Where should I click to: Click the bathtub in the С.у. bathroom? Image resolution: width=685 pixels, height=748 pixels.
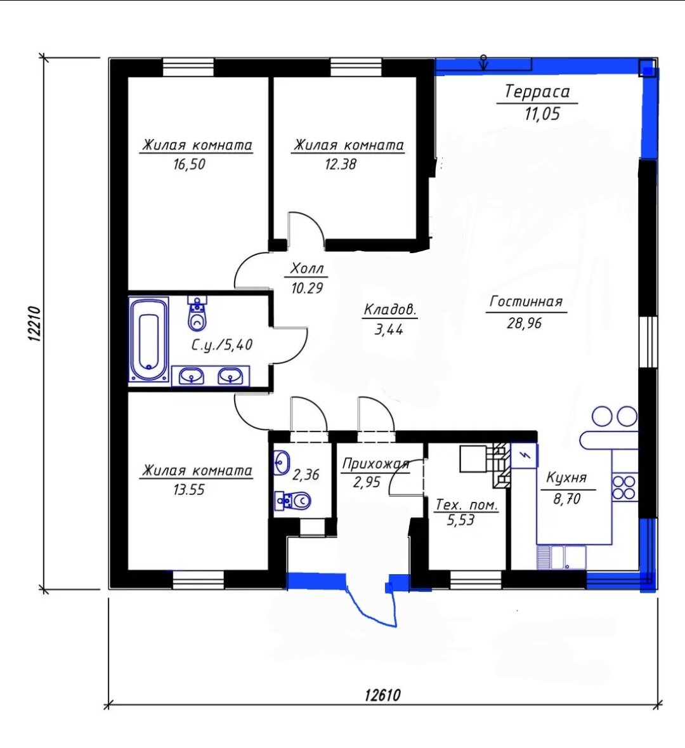click(x=148, y=339)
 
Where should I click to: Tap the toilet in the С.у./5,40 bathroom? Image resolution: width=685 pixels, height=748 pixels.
click(x=197, y=313)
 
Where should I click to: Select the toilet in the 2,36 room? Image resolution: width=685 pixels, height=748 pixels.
click(x=294, y=501)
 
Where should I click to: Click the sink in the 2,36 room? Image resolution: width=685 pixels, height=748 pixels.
click(x=282, y=462)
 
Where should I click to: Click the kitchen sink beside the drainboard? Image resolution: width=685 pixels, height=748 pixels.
click(x=568, y=558)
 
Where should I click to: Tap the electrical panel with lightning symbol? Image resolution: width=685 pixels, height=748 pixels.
click(x=524, y=455)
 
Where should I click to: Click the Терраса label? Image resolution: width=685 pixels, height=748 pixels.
click(x=537, y=91)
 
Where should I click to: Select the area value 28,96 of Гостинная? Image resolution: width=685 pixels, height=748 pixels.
click(x=525, y=324)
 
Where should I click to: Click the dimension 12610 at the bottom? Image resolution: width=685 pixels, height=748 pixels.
click(x=382, y=695)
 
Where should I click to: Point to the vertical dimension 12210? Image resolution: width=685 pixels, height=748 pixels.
click(x=36, y=324)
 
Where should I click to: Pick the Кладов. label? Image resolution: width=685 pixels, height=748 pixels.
click(x=390, y=310)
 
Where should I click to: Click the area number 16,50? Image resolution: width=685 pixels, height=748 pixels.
click(x=190, y=164)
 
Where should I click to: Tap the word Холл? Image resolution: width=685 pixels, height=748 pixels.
click(x=307, y=268)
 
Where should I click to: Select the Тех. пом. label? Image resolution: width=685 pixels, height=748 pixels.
click(x=467, y=505)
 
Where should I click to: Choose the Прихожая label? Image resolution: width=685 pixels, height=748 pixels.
click(x=376, y=464)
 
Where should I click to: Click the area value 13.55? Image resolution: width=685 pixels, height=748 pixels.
click(x=190, y=490)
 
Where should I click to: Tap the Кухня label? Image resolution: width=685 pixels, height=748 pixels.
click(x=566, y=478)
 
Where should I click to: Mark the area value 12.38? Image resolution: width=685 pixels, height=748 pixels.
click(x=341, y=164)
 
